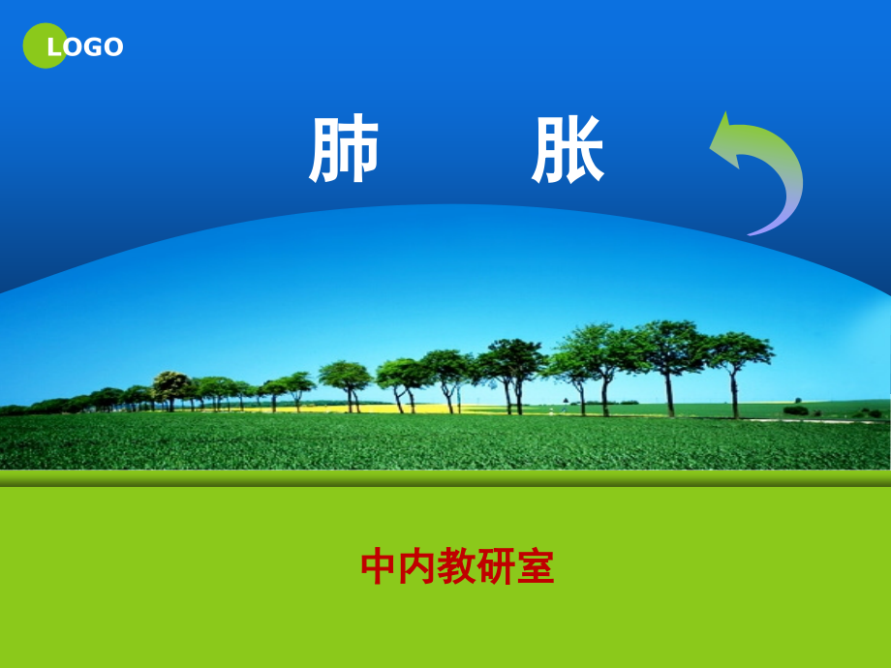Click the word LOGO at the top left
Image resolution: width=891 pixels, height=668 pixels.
tap(85, 46)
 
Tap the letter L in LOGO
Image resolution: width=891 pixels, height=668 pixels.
tap(55, 46)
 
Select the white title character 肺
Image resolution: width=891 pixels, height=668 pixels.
tap(344, 152)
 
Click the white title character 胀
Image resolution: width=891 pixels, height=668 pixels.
tap(568, 152)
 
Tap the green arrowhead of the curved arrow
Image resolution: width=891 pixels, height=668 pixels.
tap(728, 141)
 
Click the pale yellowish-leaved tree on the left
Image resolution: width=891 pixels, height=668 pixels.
tap(171, 381)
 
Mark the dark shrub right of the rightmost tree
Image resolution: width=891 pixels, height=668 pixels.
tap(795, 410)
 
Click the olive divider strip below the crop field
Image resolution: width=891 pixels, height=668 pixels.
tap(445, 478)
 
